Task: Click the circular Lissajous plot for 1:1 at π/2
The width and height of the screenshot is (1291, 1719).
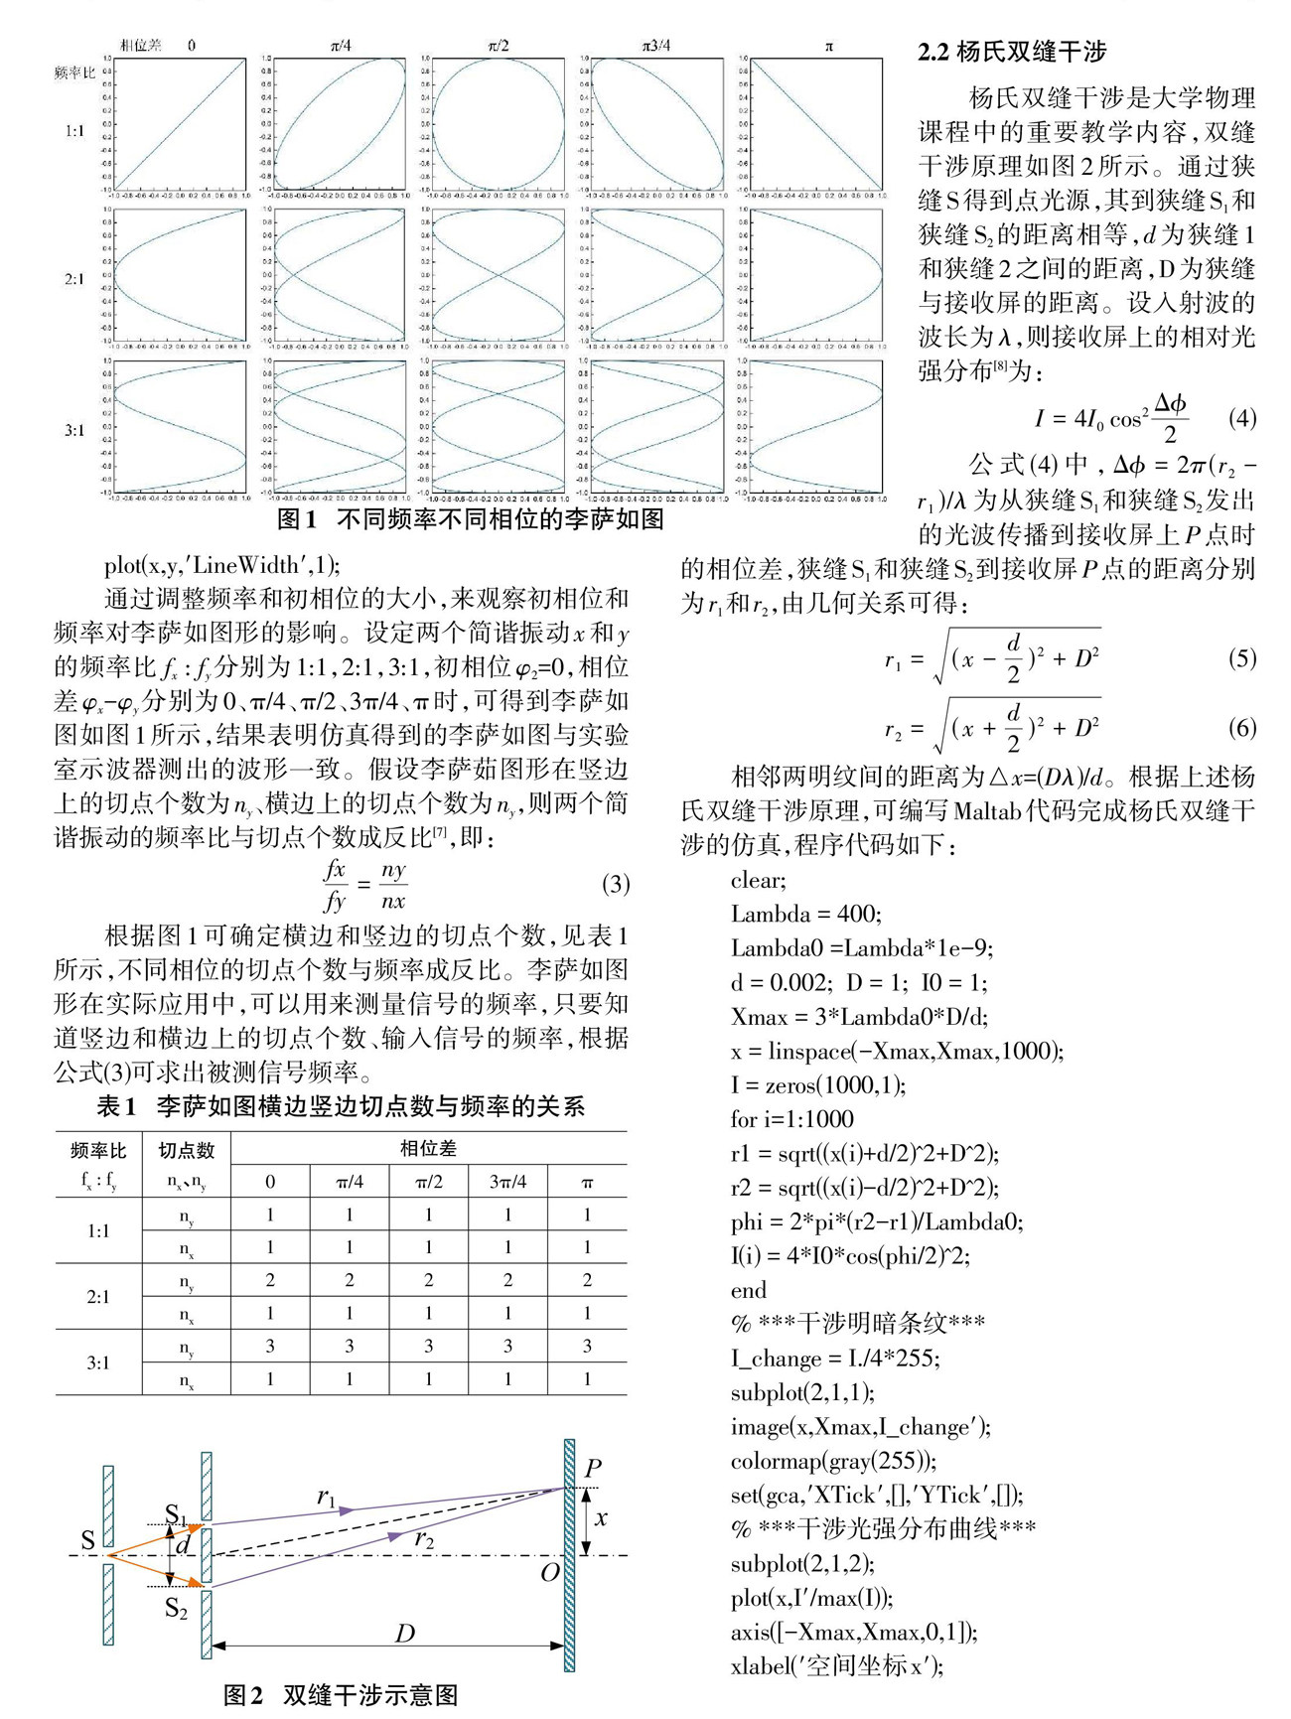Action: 499,124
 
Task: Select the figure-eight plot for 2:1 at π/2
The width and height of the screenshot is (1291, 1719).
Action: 499,275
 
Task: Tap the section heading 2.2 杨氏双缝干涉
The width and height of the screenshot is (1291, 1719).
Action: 1011,52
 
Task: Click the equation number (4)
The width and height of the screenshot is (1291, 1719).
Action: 1241,417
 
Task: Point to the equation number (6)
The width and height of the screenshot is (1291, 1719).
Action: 1241,727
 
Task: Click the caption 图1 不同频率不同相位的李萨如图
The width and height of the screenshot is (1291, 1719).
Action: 470,519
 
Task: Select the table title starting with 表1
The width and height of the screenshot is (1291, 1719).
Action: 341,1106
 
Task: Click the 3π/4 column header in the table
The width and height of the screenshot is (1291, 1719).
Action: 507,1182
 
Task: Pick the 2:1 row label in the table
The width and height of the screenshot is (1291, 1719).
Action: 98,1297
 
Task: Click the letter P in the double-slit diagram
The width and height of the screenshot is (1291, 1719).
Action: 593,1468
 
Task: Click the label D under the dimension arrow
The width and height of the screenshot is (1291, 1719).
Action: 404,1634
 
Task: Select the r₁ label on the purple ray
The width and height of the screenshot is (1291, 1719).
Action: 326,1498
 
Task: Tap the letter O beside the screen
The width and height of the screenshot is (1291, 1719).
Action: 549,1572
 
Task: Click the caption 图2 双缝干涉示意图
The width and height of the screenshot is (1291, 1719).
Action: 341,1695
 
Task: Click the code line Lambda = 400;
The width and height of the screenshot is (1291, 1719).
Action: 805,914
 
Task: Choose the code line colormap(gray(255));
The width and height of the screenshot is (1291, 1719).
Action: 833,1461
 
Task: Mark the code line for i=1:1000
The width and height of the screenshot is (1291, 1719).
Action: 791,1119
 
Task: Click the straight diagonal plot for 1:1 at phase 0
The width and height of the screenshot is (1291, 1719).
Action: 181,124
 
